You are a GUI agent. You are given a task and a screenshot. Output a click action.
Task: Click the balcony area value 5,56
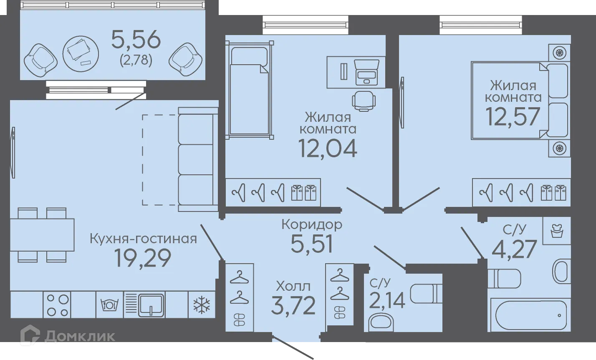pos(136,40)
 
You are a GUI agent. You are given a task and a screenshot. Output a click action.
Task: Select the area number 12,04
pos(328,148)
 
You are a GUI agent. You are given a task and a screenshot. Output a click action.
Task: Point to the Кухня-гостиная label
pos(143,239)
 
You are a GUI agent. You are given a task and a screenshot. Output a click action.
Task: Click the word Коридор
pos(311,224)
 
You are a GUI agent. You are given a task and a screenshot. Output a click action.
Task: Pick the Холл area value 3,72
pos(293,306)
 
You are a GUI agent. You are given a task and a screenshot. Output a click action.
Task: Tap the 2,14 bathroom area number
pos(387,300)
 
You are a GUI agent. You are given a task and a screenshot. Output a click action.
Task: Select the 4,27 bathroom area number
pos(514,250)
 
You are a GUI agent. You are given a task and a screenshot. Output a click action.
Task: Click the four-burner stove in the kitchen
pos(57,305)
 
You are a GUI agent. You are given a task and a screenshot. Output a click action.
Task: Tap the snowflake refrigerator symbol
pos(202,306)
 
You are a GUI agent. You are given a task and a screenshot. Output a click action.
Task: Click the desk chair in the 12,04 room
pos(364,101)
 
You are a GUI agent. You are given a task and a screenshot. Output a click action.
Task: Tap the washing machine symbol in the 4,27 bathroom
pos(556,231)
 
